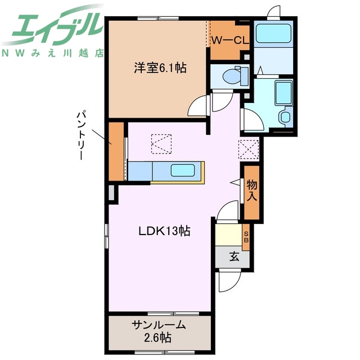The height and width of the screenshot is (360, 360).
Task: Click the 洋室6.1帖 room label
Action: coord(160,68)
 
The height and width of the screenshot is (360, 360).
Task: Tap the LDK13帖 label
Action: coord(165,231)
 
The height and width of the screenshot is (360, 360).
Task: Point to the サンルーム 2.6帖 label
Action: coord(159,331)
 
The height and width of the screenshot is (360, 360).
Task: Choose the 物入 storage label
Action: coord(251,192)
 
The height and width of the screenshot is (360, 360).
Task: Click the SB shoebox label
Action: coord(246,237)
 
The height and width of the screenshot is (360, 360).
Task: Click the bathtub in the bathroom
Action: coord(272,34)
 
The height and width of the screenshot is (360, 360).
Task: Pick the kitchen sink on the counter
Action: coord(183,170)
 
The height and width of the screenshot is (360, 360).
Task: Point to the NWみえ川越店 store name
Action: coord(53,54)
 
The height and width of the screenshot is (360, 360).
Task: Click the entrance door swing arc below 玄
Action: coord(229,281)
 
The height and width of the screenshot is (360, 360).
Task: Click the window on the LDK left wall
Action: coord(106,235)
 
